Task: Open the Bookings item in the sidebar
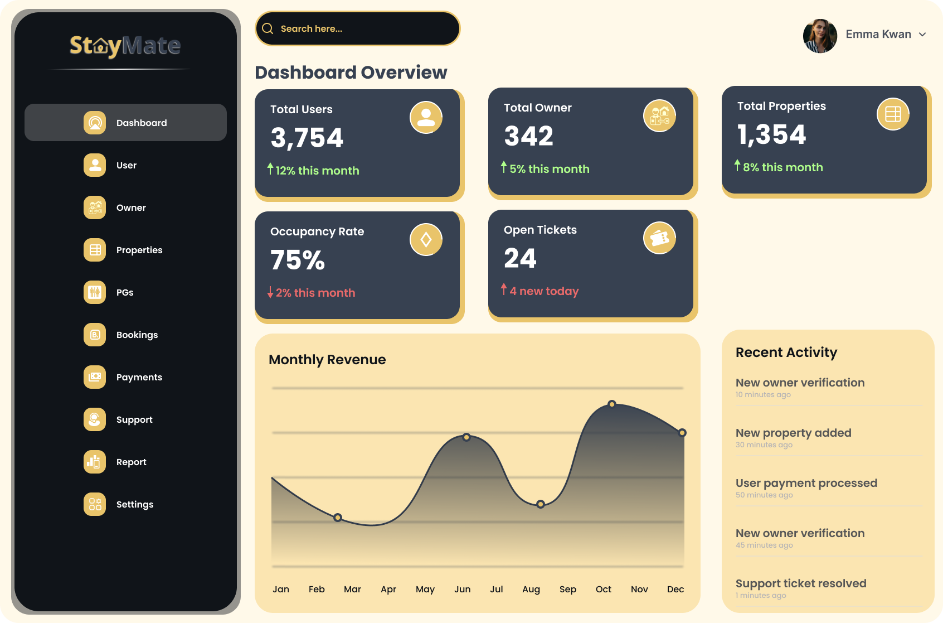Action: (x=137, y=335)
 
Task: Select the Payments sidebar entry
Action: (x=139, y=377)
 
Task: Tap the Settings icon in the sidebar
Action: (x=95, y=504)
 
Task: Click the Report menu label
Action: (x=132, y=462)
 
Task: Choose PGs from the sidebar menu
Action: (x=125, y=292)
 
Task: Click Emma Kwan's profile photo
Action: (x=820, y=35)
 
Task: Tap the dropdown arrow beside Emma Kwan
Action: (x=922, y=35)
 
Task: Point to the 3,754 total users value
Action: (x=307, y=138)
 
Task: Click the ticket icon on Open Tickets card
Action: (x=659, y=238)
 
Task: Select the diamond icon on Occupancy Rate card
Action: (x=426, y=240)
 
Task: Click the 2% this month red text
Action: (x=315, y=293)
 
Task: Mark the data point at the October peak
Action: (x=612, y=404)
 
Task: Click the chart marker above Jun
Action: (x=466, y=437)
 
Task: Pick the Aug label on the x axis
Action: (x=531, y=589)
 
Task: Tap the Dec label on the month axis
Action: (x=675, y=589)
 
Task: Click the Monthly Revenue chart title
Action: (x=327, y=360)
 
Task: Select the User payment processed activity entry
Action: (x=806, y=483)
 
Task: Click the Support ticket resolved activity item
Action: (x=801, y=583)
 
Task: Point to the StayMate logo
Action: (x=125, y=46)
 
